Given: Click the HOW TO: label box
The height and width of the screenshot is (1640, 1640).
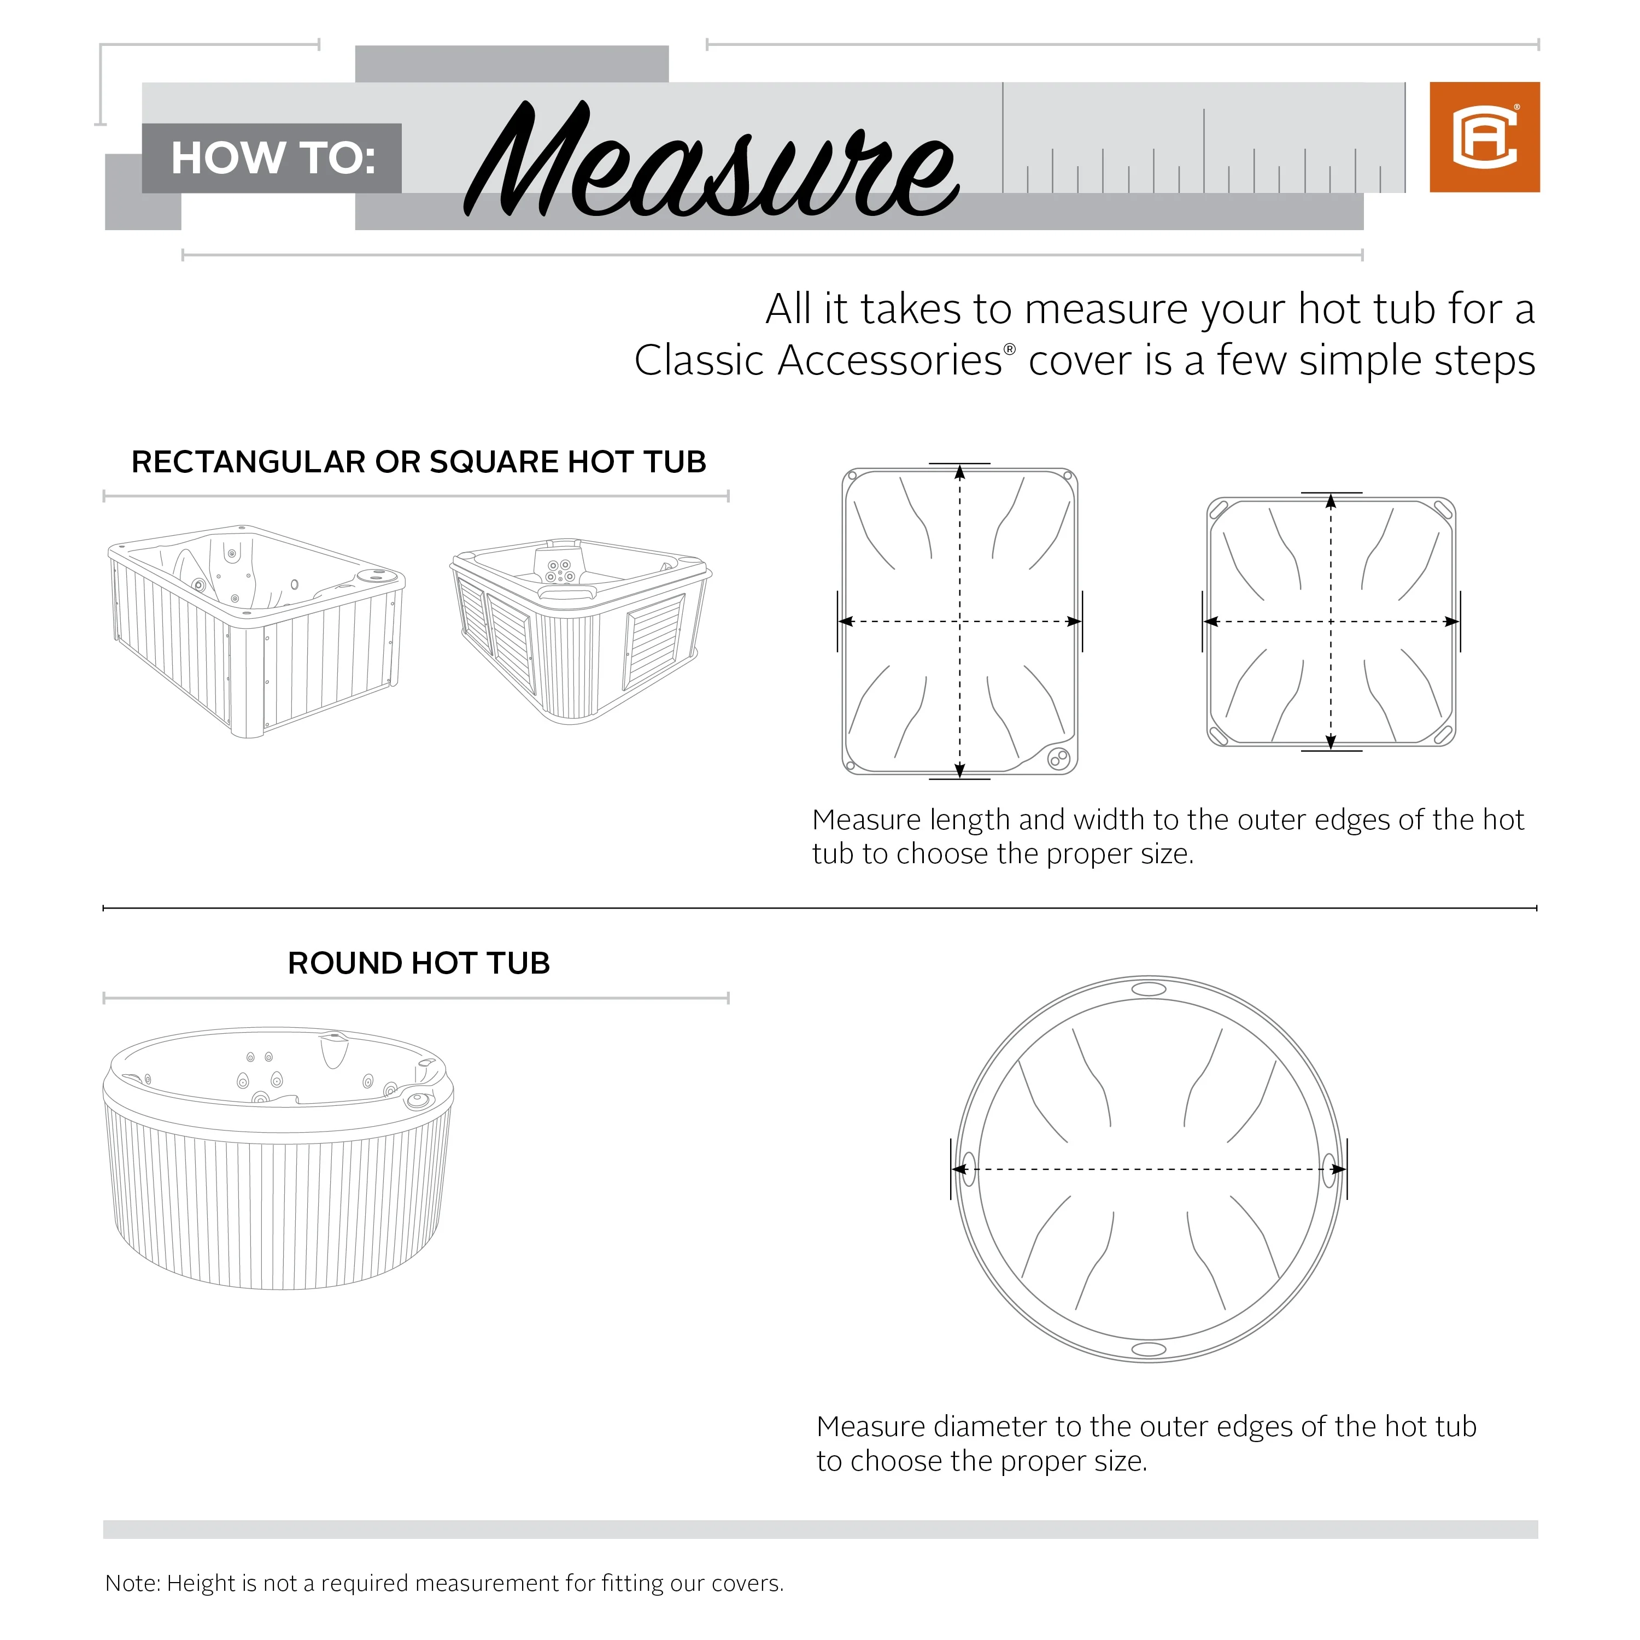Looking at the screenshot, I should coord(272,159).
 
